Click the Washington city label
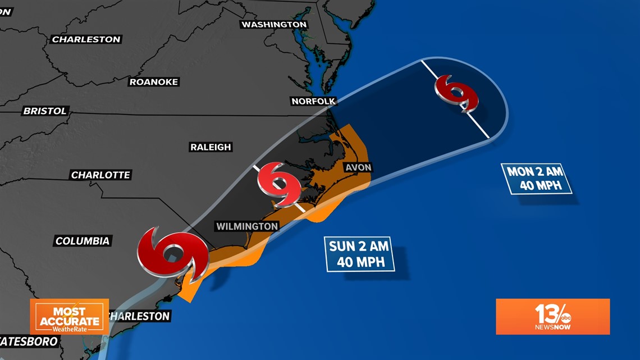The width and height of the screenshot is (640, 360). (275, 25)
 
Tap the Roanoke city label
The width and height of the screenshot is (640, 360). (154, 82)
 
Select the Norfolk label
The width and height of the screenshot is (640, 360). (313, 101)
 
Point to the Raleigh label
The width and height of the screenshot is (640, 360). (211, 147)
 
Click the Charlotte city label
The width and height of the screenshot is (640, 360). (100, 175)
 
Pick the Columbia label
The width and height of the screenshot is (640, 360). (83, 241)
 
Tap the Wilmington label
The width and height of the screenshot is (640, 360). (247, 226)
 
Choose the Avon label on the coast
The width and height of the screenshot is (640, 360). (358, 167)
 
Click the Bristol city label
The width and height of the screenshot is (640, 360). (45, 111)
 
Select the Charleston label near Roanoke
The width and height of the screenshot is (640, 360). (86, 39)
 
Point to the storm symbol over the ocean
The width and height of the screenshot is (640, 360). (457, 93)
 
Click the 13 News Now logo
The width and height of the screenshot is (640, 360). (552, 316)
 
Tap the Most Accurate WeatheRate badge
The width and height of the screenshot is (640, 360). (69, 316)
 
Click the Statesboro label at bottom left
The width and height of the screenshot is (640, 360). (28, 341)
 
